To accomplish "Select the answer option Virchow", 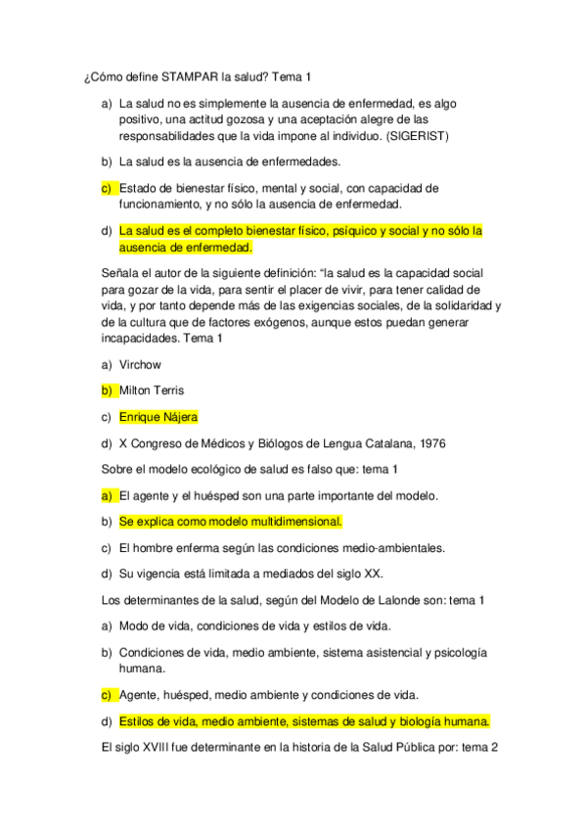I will [x=140, y=364].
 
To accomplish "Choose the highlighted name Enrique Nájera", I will [x=158, y=417].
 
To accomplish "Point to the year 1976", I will [x=428, y=443].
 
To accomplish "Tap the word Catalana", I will [x=373, y=443].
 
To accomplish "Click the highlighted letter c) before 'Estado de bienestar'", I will [x=107, y=188].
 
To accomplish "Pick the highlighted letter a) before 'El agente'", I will [x=107, y=495].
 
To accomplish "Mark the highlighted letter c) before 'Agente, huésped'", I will [x=107, y=695].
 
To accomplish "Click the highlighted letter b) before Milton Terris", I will [x=107, y=391].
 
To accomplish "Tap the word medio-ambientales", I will [x=389, y=547].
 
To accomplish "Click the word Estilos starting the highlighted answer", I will [x=139, y=721].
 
